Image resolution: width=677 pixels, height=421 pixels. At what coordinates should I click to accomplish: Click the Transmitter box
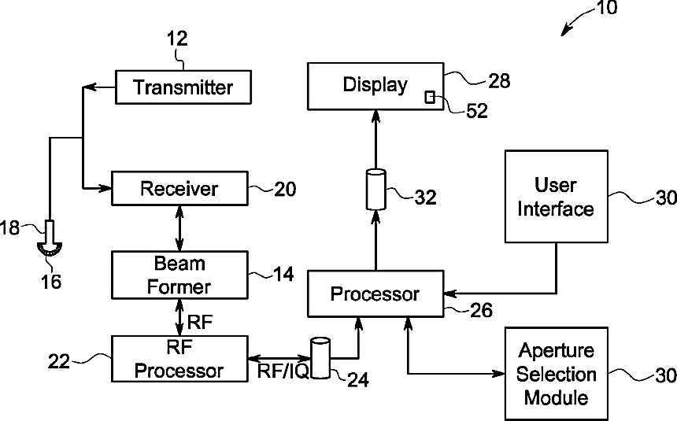click(183, 87)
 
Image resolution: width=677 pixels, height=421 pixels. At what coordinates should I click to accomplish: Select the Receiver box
click(179, 188)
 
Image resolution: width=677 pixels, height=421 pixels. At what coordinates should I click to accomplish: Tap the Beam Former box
click(179, 275)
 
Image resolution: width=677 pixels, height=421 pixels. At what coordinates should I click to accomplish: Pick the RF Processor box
click(179, 359)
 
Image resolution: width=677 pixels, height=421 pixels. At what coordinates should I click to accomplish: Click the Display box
click(375, 87)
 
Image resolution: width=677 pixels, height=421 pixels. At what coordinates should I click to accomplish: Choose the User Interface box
click(557, 197)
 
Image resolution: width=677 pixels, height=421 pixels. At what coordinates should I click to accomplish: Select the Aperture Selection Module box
click(557, 374)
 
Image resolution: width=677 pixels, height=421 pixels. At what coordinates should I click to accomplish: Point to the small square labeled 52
click(430, 97)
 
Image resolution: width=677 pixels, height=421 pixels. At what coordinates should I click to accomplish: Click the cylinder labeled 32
click(375, 190)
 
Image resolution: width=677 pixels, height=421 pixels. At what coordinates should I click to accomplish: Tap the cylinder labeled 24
click(320, 358)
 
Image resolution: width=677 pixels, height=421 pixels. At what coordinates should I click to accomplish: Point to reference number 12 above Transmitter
click(177, 39)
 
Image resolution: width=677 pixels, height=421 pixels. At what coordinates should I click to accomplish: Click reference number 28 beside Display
click(500, 81)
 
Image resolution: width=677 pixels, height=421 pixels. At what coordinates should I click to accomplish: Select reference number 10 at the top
click(607, 8)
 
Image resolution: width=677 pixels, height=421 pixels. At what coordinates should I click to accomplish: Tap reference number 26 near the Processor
click(482, 310)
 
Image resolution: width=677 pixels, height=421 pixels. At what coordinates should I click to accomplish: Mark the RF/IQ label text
click(283, 371)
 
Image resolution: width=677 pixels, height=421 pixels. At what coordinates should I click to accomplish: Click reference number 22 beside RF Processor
click(59, 361)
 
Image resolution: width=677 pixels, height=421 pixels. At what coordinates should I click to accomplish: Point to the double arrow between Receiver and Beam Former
click(179, 228)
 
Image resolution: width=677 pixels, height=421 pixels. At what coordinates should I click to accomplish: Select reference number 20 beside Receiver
click(286, 189)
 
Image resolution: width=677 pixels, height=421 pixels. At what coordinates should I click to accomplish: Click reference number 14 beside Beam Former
click(283, 274)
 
